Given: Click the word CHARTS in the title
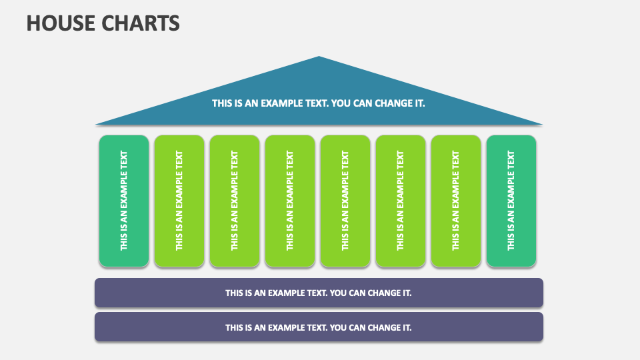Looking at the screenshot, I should [141, 23].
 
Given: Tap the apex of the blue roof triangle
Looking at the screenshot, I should [319, 58].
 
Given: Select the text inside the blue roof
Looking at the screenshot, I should [319, 103].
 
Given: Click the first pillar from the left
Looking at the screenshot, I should [124, 201].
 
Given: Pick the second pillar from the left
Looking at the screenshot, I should [179, 201].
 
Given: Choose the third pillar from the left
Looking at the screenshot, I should [235, 201].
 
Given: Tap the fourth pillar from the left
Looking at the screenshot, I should [290, 201].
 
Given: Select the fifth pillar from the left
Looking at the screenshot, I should [345, 201].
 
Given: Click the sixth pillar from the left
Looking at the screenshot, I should [401, 201].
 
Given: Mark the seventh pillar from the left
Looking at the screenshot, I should [456, 201].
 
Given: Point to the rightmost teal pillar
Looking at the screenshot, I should [511, 201].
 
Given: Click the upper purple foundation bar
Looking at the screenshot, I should [319, 293].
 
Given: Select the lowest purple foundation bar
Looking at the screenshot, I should [319, 327].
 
